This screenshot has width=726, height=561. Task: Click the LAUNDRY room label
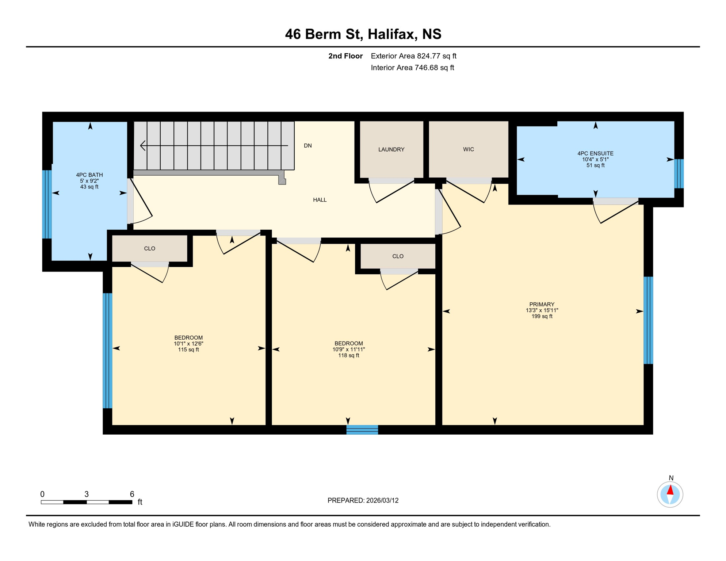[391, 149]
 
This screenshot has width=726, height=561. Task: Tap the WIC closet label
[468, 149]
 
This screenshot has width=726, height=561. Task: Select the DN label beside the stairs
[307, 146]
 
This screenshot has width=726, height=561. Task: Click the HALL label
[320, 200]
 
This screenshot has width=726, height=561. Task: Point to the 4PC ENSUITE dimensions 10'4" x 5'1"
[595, 160]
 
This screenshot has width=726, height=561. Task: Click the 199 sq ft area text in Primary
[542, 316]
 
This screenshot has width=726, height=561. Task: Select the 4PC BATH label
[89, 175]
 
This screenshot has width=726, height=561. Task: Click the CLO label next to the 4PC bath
[149, 249]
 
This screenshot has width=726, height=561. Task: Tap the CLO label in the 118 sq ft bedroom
[398, 256]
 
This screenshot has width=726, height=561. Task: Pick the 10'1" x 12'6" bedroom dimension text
[188, 344]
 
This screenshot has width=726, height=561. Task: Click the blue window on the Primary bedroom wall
[648, 320]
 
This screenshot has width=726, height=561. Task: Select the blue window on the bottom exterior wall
[362, 430]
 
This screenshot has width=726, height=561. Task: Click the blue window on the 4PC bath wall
[47, 204]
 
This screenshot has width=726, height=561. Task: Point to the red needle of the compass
[670, 490]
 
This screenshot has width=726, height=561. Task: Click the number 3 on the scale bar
[87, 494]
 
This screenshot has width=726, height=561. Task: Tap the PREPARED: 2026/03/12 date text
[363, 500]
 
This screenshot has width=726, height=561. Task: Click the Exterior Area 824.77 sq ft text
[413, 56]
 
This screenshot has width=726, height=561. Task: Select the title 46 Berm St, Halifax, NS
[363, 34]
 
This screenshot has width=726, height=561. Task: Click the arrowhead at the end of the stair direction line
[143, 146]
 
